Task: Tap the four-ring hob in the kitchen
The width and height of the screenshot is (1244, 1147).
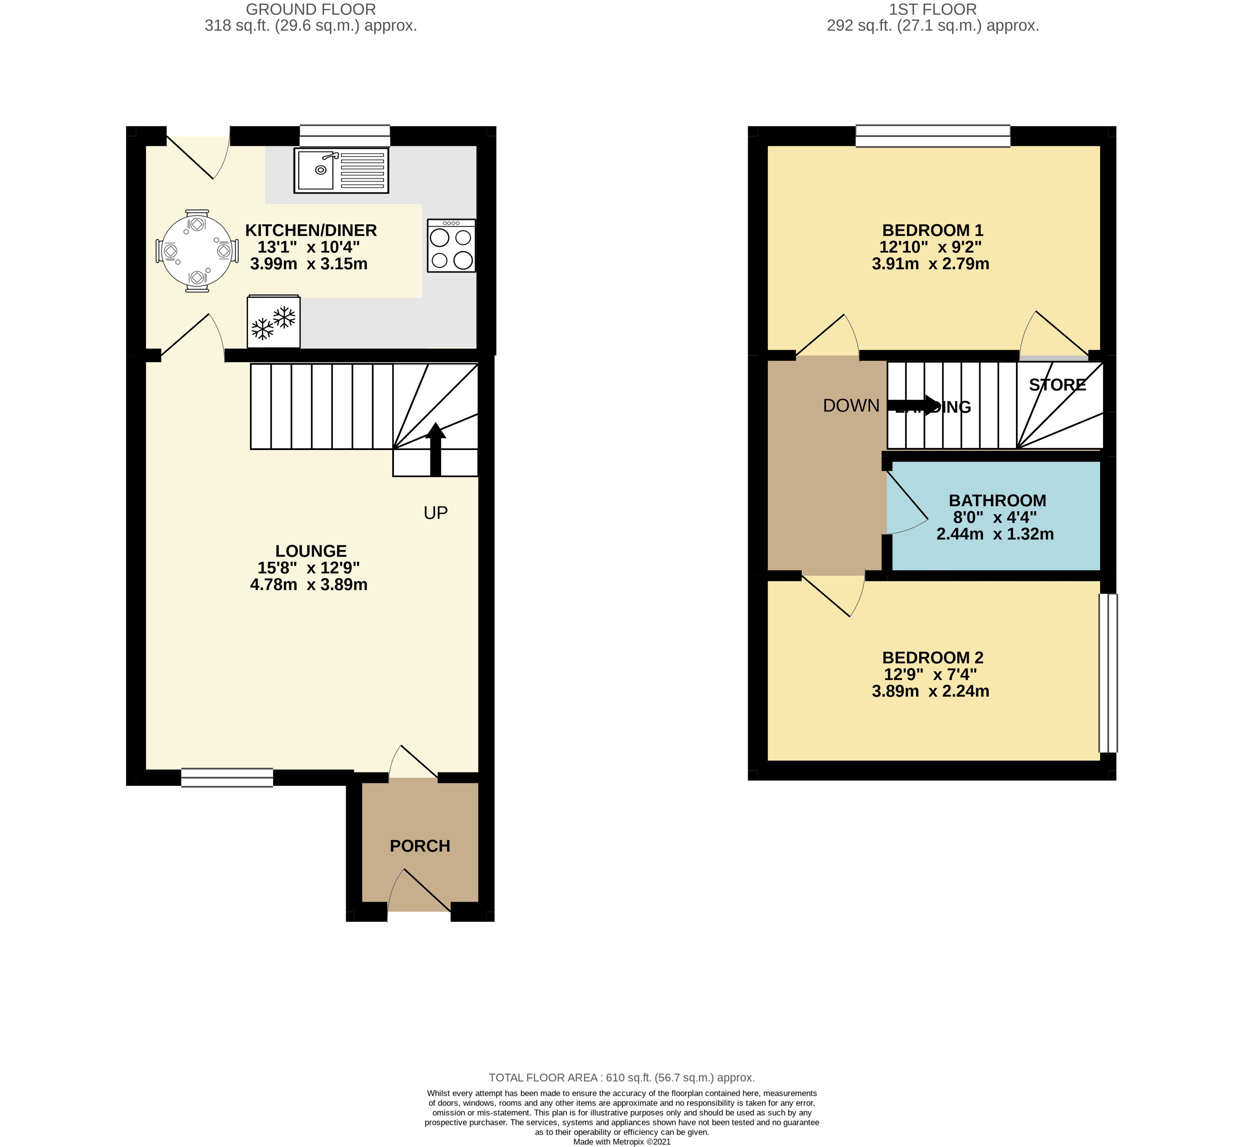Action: coord(451,246)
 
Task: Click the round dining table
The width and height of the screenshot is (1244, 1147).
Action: coord(197,251)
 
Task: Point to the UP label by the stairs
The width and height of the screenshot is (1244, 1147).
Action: coord(436,513)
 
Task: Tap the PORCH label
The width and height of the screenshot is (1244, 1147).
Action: coord(420,846)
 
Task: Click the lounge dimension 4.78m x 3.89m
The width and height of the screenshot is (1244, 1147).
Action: coord(309,584)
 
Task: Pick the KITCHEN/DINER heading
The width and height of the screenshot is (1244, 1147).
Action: coord(311,230)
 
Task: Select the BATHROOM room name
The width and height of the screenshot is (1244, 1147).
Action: coord(997,500)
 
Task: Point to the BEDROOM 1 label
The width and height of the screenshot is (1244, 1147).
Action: coord(933,230)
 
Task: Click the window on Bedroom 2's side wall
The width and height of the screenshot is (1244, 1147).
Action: coord(1108,674)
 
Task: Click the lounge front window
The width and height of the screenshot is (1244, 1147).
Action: coord(227,778)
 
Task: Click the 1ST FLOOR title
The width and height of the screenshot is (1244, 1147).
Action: coord(933,9)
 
